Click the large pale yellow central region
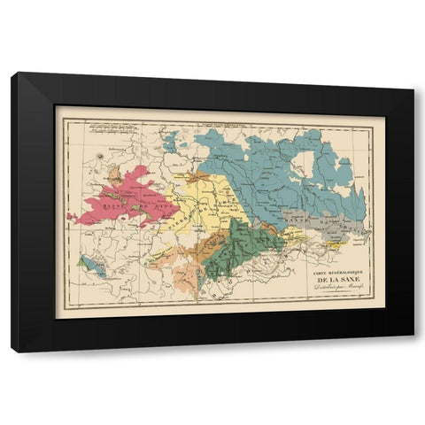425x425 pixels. click(x=212, y=199)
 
